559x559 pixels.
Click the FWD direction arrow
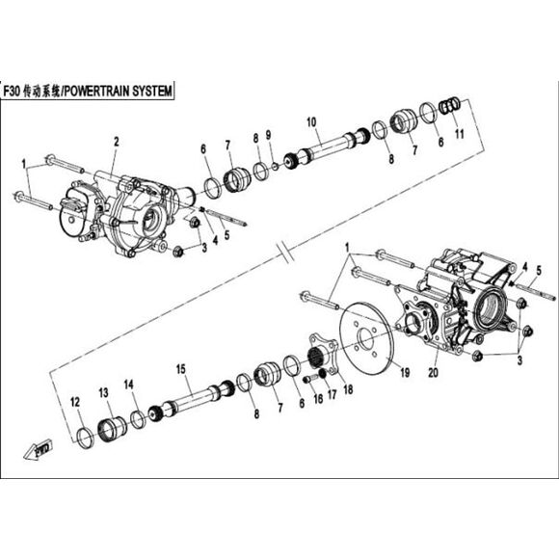click(39, 449)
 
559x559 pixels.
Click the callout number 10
click(311, 122)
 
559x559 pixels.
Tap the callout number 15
click(181, 369)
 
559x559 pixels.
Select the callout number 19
click(405, 373)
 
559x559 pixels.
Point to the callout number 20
click(433, 373)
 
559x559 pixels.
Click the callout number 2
click(117, 142)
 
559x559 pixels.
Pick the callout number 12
click(75, 403)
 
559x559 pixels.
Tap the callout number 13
click(103, 393)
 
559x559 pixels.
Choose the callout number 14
click(129, 385)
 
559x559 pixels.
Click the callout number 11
click(460, 134)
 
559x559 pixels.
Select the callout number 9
click(268, 135)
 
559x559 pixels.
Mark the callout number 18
click(348, 389)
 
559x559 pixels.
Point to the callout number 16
click(318, 399)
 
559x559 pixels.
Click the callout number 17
click(332, 394)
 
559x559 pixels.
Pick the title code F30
click(12, 92)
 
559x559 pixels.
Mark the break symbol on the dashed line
click(285, 252)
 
